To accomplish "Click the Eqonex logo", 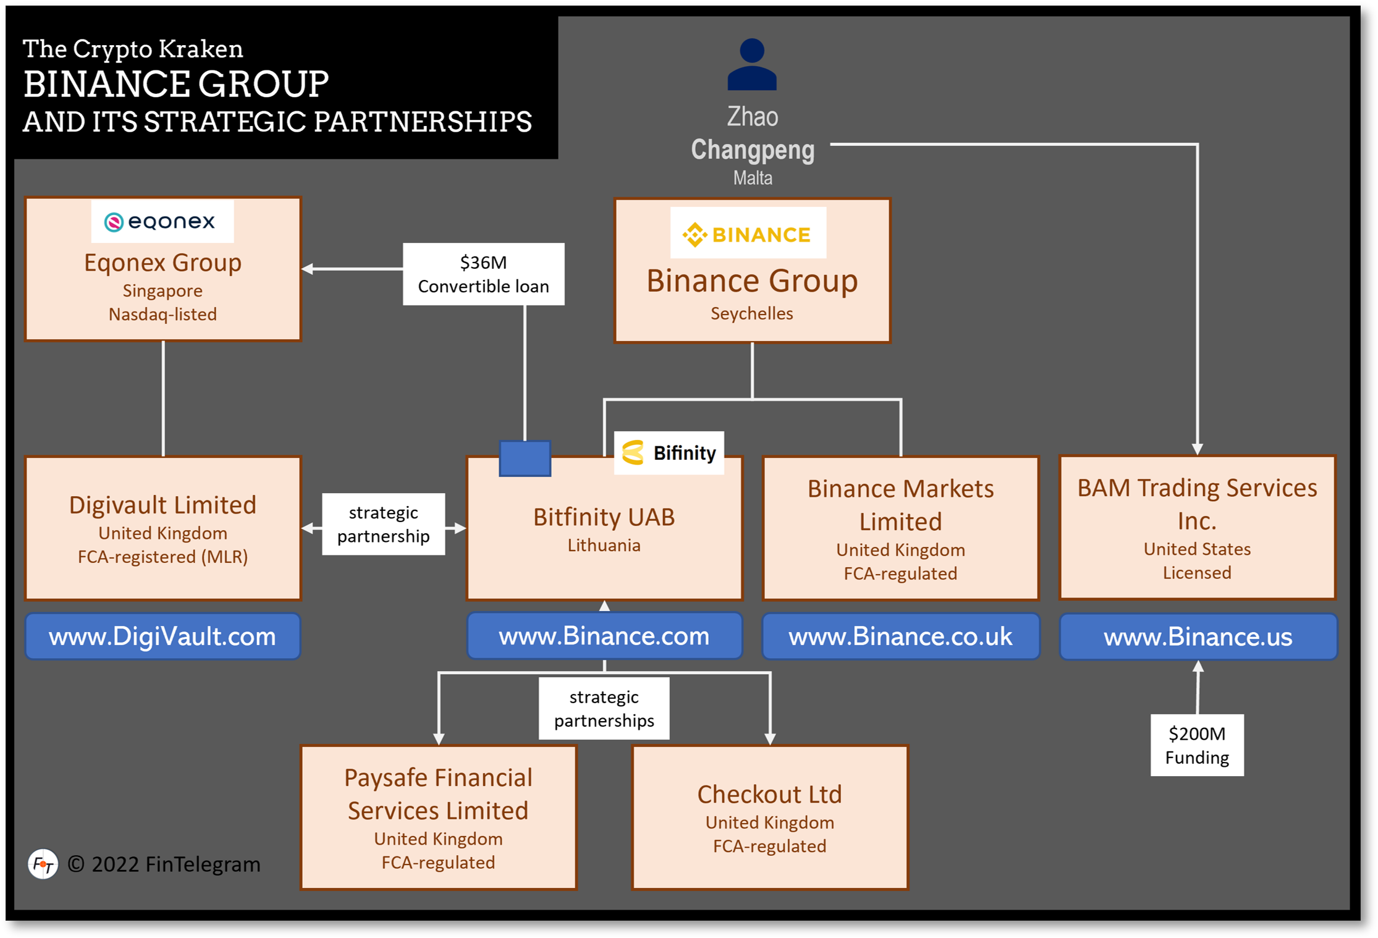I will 162,221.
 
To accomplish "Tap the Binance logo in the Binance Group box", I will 748,234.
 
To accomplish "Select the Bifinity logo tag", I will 669,453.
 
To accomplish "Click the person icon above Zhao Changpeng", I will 752,65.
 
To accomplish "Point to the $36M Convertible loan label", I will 483,274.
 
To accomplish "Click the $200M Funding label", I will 1197,745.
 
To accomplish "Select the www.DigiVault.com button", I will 163,636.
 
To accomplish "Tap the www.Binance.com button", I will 604,636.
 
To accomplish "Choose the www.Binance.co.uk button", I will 900,636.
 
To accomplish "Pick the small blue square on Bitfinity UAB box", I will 525,458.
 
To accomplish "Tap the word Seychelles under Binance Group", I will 751,313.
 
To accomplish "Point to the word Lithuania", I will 604,546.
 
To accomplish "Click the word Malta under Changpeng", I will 753,178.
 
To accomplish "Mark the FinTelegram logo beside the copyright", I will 43,864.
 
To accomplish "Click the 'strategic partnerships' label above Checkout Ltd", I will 604,709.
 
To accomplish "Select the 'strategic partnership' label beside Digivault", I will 383,524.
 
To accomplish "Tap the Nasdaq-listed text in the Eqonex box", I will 163,315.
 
